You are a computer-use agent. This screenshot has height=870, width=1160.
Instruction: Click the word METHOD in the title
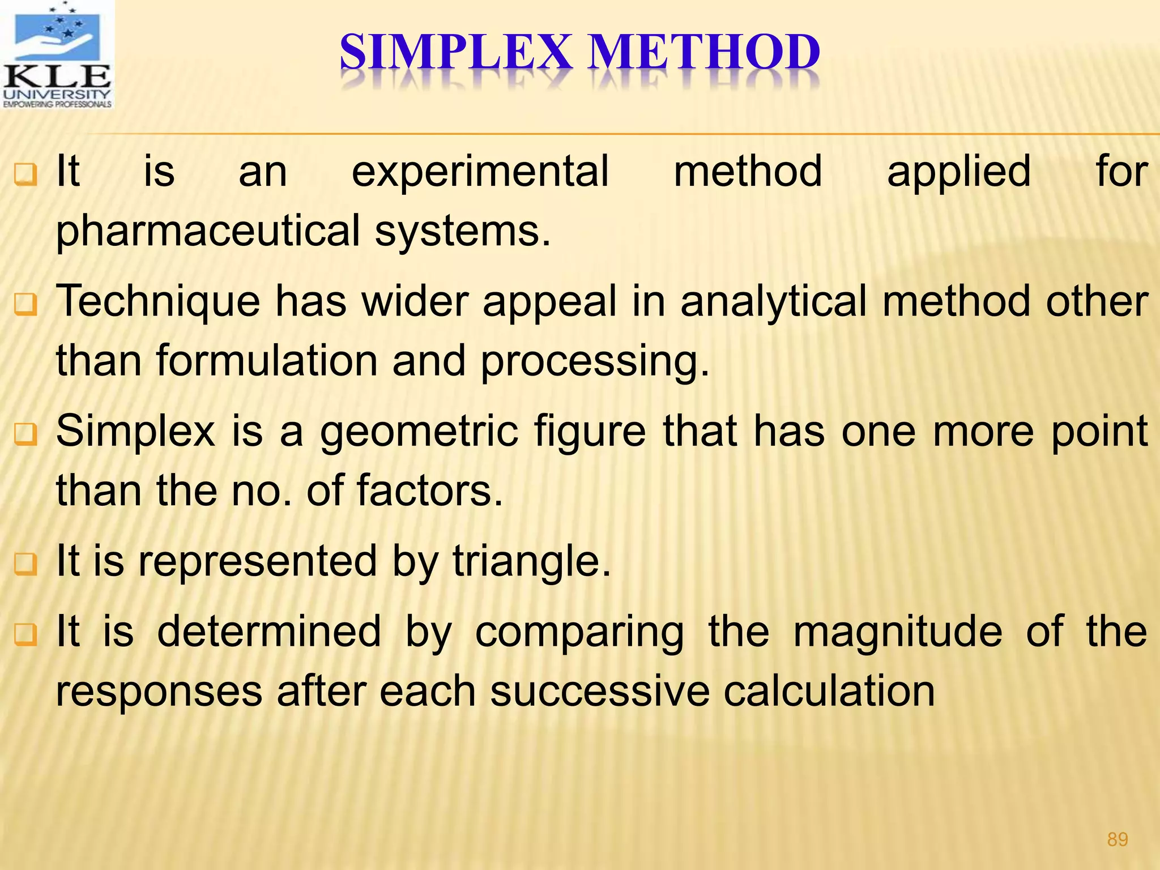pos(704,53)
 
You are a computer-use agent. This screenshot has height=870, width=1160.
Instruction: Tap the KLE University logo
pos(57,55)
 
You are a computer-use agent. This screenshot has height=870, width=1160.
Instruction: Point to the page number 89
pos(1117,839)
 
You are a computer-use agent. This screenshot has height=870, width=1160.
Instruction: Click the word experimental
pos(480,172)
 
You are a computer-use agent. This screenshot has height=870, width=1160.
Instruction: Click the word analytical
pos(773,302)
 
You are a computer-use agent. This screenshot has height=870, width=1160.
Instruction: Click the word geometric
pos(419,432)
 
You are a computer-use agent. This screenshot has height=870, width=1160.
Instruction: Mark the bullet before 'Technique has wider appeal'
pos(25,305)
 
